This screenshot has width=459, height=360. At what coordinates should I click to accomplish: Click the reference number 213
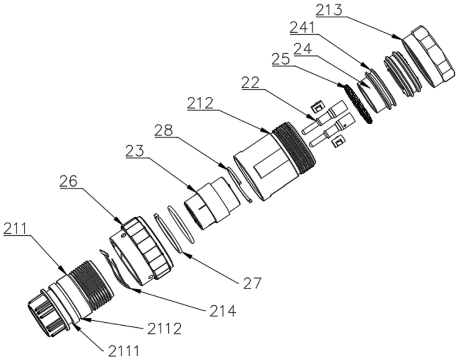(329, 11)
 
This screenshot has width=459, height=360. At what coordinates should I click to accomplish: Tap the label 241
(302, 28)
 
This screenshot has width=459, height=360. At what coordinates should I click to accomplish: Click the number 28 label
(163, 130)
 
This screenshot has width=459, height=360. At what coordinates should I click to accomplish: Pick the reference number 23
(135, 151)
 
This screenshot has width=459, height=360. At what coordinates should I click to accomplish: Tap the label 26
(69, 181)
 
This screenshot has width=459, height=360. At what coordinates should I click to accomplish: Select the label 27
(252, 282)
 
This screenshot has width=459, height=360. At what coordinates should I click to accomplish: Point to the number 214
(223, 311)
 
